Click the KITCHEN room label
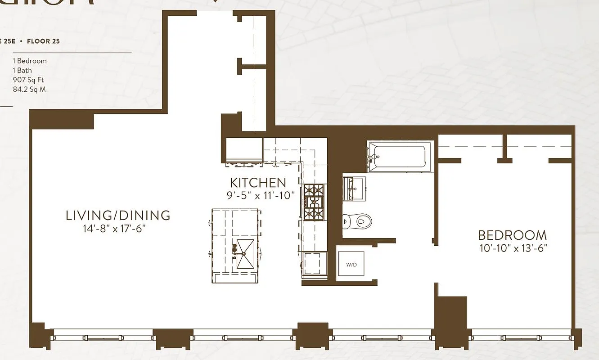coord(258,183)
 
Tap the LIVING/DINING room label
coord(118,215)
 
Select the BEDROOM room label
coord(512,235)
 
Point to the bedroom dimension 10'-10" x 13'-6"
coord(512,247)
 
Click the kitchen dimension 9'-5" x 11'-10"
coord(261,195)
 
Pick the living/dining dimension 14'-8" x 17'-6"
coord(115,229)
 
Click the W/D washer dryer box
coord(351,264)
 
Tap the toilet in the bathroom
coord(358,221)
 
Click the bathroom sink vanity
coord(354,189)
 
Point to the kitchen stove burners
coord(314,202)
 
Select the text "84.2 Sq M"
coord(29,89)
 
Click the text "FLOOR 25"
coord(43,41)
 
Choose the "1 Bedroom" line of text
coord(30,61)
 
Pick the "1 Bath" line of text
coord(23,70)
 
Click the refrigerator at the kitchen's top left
coord(244,149)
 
